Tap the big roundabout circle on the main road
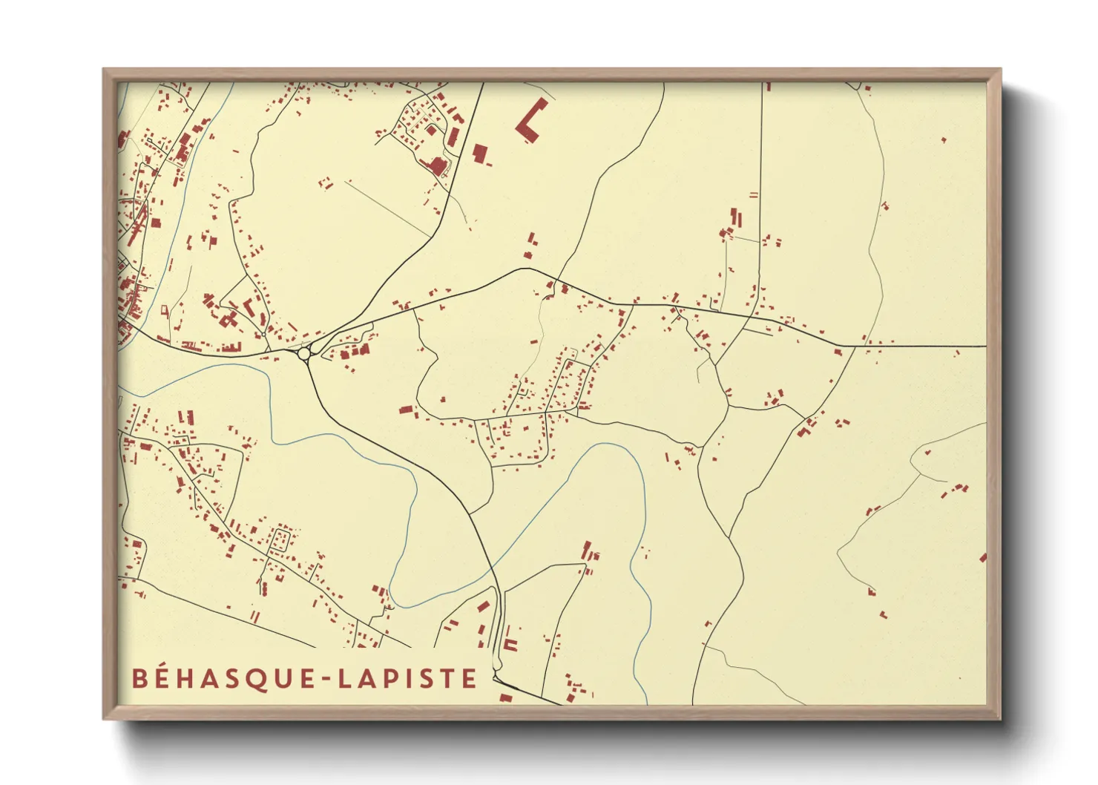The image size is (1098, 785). point(303,355)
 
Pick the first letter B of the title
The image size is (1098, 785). point(139,679)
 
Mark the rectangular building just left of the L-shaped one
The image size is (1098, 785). point(479,154)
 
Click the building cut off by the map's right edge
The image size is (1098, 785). point(983,558)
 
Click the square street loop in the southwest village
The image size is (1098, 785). point(280,539)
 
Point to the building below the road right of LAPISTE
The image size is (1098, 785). point(505,697)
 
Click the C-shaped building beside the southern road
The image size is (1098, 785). point(510,643)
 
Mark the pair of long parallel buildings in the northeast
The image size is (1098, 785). point(735,217)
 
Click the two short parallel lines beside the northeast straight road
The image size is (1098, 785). point(754,195)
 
